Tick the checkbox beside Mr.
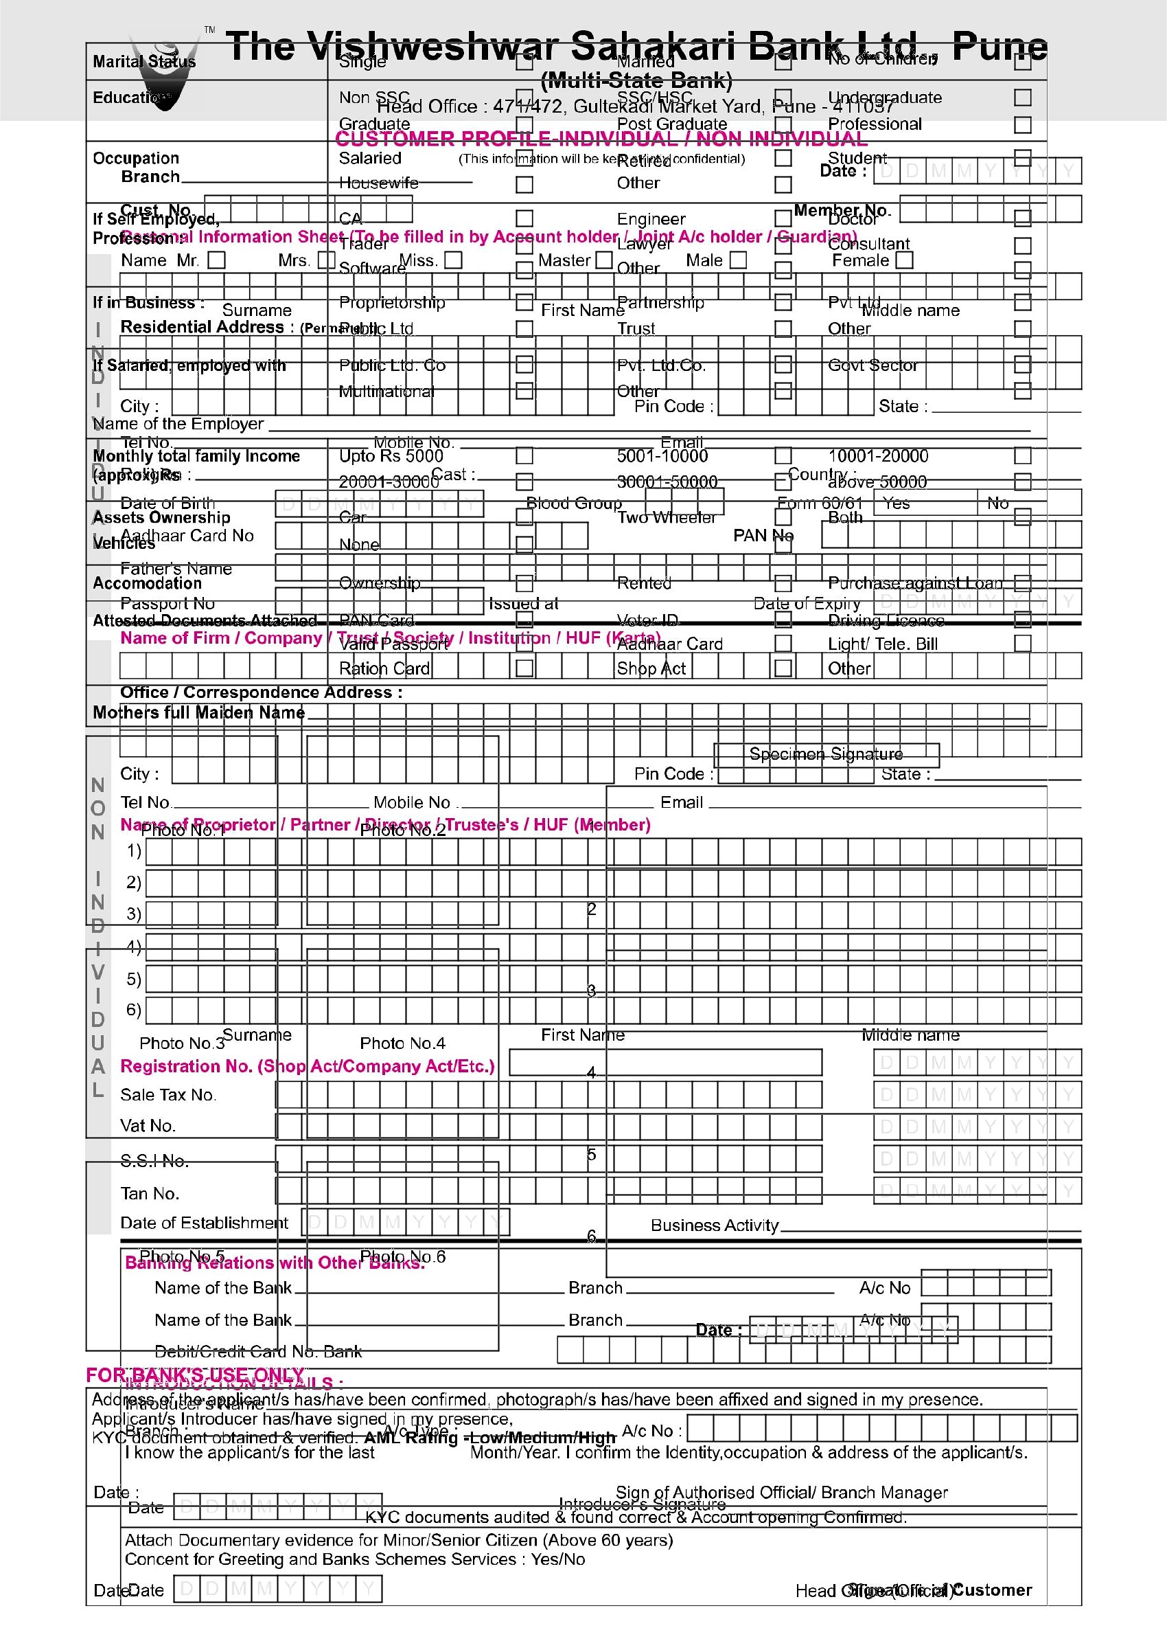pyautogui.click(x=216, y=260)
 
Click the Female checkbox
pyautogui.click(x=904, y=260)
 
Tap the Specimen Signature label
pyautogui.click(x=826, y=754)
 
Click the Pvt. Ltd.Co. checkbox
pyautogui.click(x=783, y=365)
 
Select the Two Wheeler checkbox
pyautogui.click(x=783, y=517)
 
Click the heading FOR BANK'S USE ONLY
pyautogui.click(x=196, y=1375)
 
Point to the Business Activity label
pyautogui.click(x=715, y=1225)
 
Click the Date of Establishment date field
pyautogui.click(x=406, y=1222)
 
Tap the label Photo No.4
pyautogui.click(x=402, y=1043)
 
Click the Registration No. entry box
pyautogui.click(x=665, y=1063)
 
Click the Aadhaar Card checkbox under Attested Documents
pyautogui.click(x=783, y=644)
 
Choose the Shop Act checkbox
pyautogui.click(x=783, y=668)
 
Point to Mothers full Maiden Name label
pyautogui.click(x=199, y=712)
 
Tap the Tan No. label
pyautogui.click(x=150, y=1193)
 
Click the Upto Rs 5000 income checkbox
pyautogui.click(x=524, y=456)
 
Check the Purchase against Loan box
pyautogui.click(x=1022, y=583)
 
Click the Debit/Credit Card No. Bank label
pyautogui.click(x=258, y=1352)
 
